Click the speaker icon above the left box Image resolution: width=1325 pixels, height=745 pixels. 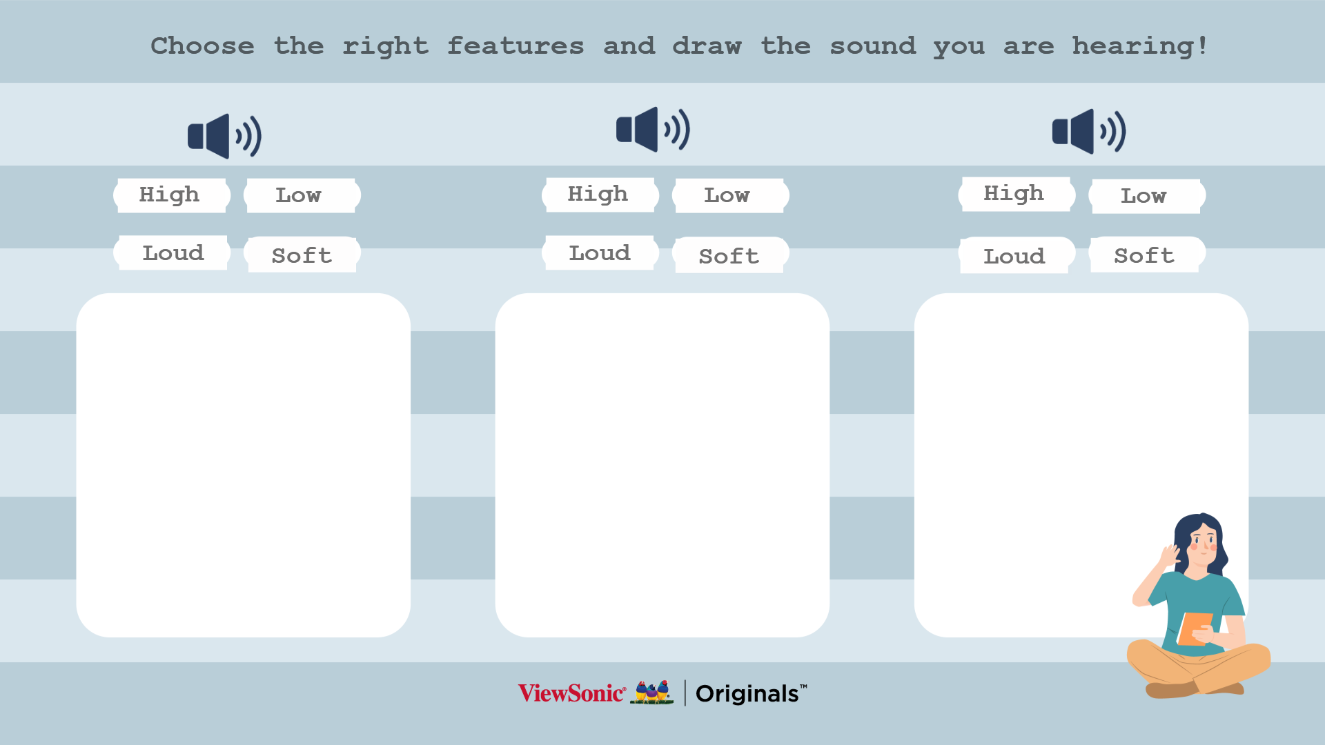pyautogui.click(x=225, y=136)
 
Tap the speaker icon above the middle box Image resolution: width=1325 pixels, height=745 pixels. pyautogui.click(x=654, y=129)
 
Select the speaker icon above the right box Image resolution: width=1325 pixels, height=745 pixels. pyautogui.click(x=1089, y=131)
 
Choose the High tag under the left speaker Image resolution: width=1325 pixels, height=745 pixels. pyautogui.click(x=172, y=195)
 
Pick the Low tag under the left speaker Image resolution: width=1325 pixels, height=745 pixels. pyautogui.click(x=302, y=196)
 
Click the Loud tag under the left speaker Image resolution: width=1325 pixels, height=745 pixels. pyautogui.click(x=172, y=252)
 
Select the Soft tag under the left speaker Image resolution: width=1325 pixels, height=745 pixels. pyautogui.click(x=302, y=255)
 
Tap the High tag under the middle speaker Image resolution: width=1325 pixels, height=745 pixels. pyautogui.click(x=600, y=195)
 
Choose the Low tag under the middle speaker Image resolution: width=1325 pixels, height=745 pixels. pyautogui.click(x=731, y=196)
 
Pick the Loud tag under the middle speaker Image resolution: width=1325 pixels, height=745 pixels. pyautogui.click(x=600, y=252)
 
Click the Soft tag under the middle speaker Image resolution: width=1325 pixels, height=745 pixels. pyautogui.click(x=731, y=255)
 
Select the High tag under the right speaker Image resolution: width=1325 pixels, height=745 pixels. pyautogui.click(x=1017, y=194)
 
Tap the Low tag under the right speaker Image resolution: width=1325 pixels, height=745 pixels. pyautogui.click(x=1148, y=197)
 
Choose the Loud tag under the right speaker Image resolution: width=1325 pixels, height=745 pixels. pyautogui.click(x=1017, y=255)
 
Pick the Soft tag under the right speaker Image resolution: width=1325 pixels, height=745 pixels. pyautogui.click(x=1148, y=255)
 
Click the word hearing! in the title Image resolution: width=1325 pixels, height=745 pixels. pyautogui.click(x=1140, y=46)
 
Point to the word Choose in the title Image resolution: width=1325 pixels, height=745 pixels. pyautogui.click(x=203, y=46)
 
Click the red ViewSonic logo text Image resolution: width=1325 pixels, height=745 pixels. pyautogui.click(x=572, y=693)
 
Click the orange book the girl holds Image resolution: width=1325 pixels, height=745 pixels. pyautogui.click(x=1195, y=628)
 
